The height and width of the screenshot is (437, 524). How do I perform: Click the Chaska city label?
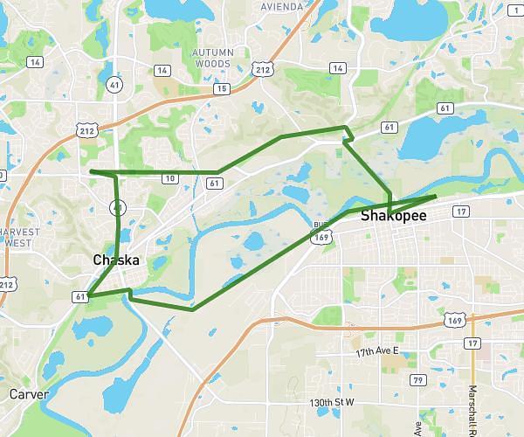(x=116, y=260)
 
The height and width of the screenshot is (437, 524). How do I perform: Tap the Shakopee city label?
(x=394, y=215)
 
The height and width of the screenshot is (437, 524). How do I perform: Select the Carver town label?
(x=28, y=394)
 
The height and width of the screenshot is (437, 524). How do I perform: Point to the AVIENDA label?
(x=282, y=6)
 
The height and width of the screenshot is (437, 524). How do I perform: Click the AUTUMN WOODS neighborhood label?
(x=212, y=58)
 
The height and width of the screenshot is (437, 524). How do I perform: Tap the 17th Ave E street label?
(x=376, y=350)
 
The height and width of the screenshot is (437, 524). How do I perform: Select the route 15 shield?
(x=222, y=88)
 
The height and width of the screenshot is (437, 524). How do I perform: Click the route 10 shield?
(x=169, y=178)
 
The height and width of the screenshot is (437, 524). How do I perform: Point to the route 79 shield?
(x=418, y=379)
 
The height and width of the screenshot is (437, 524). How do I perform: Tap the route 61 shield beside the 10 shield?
(x=214, y=183)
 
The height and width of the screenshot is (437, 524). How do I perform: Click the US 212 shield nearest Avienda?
(x=261, y=66)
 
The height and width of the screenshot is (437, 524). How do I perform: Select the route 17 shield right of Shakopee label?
(x=462, y=212)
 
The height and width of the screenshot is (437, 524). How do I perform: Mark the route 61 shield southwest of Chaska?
(x=80, y=297)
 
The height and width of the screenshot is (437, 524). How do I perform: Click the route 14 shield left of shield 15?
(x=162, y=70)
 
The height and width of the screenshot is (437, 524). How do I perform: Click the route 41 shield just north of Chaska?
(x=116, y=208)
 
